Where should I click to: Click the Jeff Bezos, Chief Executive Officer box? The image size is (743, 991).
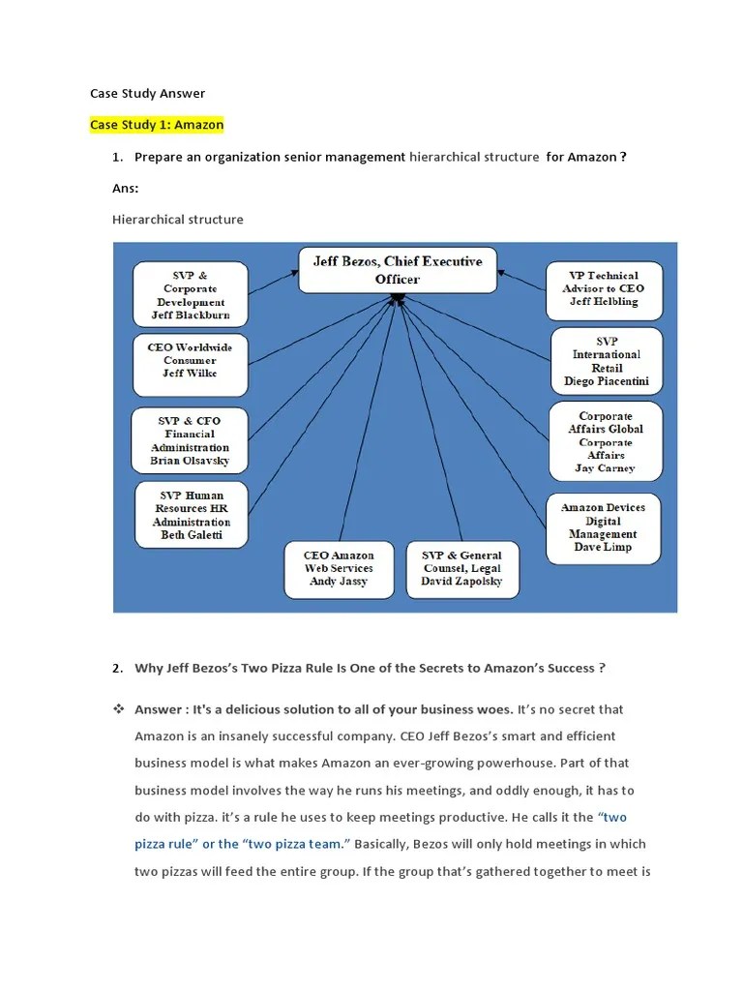397,270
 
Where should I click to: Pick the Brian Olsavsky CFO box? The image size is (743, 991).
190,441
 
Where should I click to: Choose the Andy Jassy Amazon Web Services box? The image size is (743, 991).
339,569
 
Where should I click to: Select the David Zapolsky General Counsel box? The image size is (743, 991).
461,569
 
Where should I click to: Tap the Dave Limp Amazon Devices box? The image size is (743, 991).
603,527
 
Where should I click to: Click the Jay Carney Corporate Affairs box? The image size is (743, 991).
606,442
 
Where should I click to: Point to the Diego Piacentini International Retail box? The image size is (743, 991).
607,362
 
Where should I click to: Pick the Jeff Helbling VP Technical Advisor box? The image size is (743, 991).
605,288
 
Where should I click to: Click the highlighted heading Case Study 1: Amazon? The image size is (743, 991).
157,125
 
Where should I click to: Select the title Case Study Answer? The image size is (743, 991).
147,94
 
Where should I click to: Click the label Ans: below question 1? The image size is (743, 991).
126,189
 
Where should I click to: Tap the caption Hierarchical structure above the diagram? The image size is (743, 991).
178,220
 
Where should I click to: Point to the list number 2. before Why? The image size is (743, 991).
117,668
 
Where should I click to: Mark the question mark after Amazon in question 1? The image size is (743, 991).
624,157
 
